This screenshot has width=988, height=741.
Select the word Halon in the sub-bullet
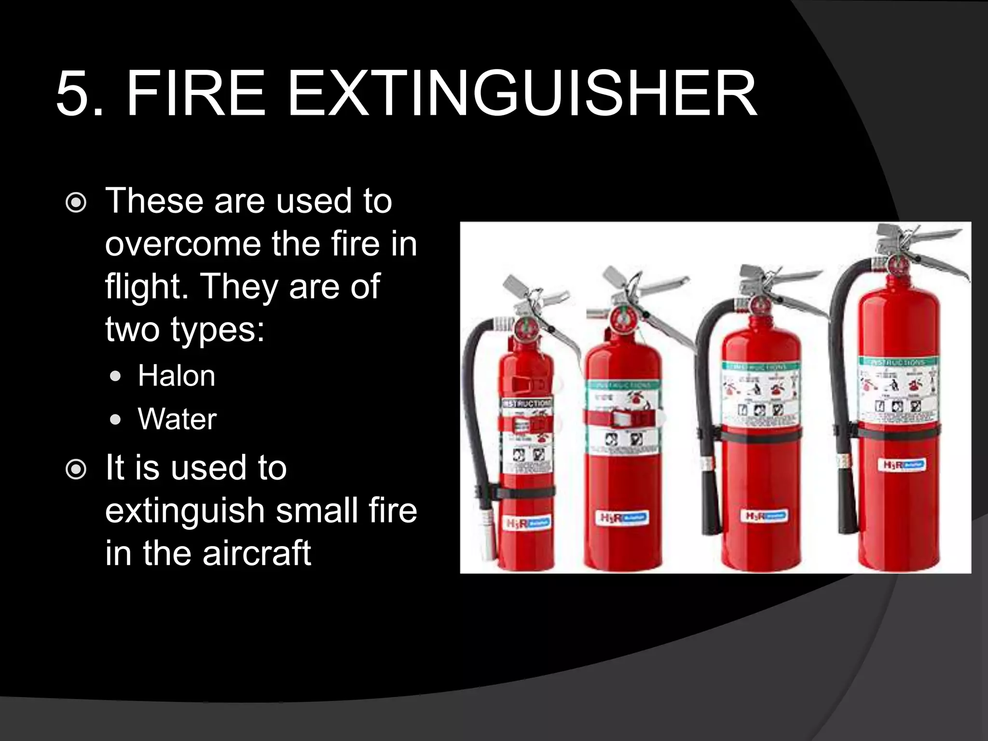177,376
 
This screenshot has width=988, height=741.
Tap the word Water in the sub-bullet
177,419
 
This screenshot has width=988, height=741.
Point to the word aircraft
257,553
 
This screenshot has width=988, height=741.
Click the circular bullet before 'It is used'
76,470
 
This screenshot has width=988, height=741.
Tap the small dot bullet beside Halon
115,376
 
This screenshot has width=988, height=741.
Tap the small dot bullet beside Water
115,419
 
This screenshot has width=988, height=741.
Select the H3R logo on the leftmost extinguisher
528,523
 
